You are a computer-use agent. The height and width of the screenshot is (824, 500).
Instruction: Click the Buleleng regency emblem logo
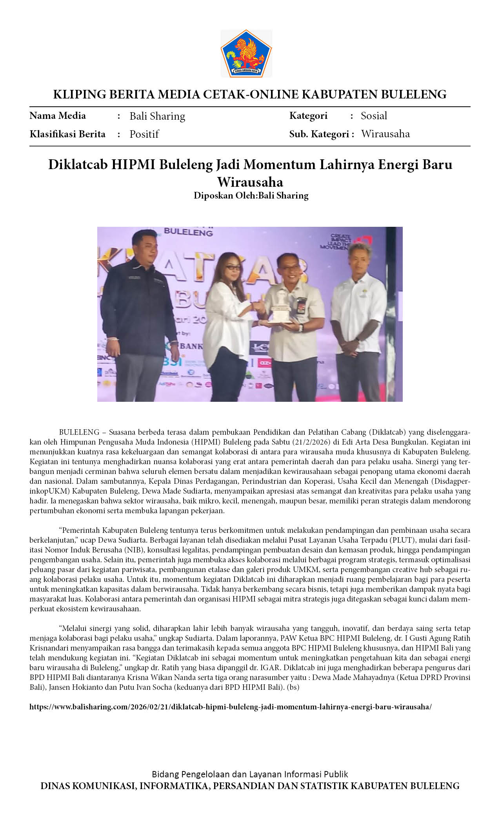[x=246, y=53]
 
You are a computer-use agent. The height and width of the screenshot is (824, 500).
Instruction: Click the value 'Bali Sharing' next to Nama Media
[x=157, y=116]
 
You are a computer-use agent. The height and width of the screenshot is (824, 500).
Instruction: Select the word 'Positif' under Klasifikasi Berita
[x=144, y=134]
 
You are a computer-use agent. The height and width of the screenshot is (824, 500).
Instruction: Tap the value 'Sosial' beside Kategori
[x=374, y=116]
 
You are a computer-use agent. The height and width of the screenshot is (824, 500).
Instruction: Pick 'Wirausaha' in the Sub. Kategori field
[x=385, y=134]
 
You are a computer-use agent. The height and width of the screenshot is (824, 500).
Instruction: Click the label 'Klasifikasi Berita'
[x=67, y=134]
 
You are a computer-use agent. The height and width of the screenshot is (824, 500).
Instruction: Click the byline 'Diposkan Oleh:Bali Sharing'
[x=251, y=195]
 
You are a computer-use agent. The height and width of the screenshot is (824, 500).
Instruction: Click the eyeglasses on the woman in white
[x=234, y=267]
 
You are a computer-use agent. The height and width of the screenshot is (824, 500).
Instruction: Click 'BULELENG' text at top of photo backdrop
[x=188, y=232]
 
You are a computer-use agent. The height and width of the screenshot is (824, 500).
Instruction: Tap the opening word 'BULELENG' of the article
[x=79, y=432]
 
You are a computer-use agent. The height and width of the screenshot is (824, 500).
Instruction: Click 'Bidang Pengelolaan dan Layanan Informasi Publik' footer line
[x=250, y=774]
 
